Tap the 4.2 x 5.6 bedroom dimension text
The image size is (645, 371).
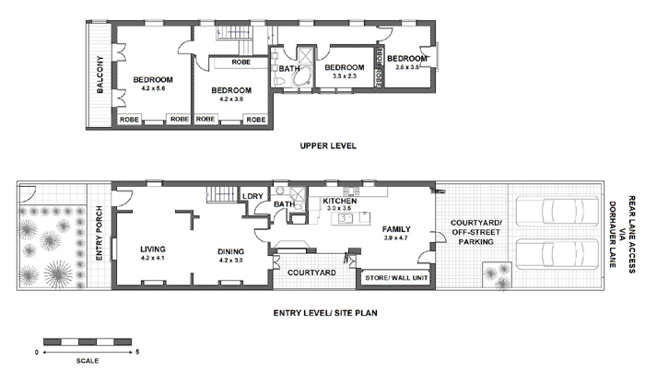point(147,88)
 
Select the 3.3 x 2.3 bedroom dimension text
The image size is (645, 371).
point(346,77)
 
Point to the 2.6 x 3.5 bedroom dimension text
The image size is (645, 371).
point(407,67)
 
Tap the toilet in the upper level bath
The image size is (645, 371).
point(278,82)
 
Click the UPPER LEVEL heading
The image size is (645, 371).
point(327,145)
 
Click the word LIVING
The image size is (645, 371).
point(152,249)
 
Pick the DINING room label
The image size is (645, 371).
point(230,249)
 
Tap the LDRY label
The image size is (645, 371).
point(251,196)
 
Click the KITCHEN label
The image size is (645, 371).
point(340,200)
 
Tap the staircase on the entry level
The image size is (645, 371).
point(219,195)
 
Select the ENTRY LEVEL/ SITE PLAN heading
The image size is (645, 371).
point(327,312)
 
